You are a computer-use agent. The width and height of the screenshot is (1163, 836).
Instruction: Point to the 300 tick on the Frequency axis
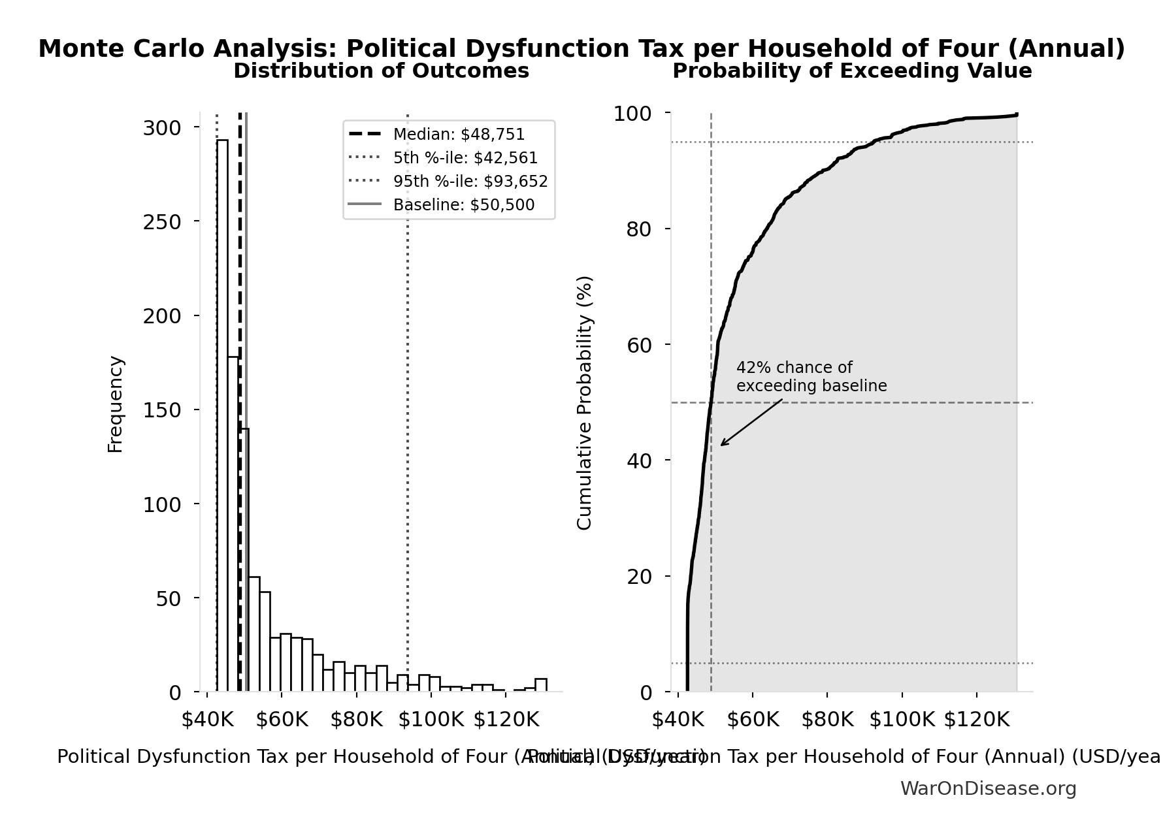[161, 128]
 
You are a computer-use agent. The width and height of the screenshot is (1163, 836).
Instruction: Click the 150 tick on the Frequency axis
[161, 410]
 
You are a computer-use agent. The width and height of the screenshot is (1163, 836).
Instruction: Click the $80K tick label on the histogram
[356, 720]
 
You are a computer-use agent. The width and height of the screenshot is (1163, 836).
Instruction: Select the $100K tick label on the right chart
[902, 720]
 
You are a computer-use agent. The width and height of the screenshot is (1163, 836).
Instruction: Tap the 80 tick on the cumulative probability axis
[639, 229]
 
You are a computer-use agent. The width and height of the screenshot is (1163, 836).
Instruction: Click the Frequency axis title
[116, 404]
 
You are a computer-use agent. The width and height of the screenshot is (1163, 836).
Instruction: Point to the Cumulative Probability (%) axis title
[585, 402]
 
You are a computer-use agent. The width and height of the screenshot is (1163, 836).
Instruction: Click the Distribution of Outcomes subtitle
[381, 71]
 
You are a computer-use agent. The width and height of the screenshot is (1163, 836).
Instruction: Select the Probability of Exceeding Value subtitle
[852, 71]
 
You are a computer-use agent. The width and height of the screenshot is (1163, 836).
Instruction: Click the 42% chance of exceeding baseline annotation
[811, 377]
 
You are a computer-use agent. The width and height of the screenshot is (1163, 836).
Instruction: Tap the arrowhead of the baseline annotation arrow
[722, 445]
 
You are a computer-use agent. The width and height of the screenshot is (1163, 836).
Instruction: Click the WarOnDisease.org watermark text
[988, 789]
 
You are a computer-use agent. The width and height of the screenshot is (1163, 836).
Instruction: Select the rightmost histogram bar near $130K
[541, 684]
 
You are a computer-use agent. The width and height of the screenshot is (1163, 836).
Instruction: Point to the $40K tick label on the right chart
[678, 720]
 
